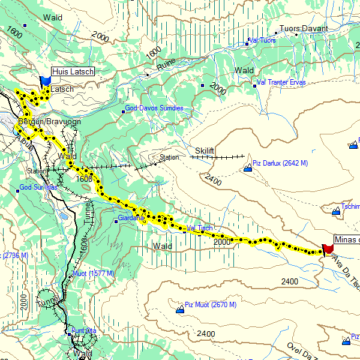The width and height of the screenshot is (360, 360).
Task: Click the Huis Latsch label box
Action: pyautogui.click(x=73, y=72)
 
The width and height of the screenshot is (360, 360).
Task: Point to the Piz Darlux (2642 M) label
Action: pyautogui.click(x=280, y=163)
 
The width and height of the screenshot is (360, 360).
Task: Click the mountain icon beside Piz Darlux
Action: pyautogui.click(x=248, y=169)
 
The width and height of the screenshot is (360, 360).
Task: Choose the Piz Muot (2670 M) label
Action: pyautogui.click(x=211, y=305)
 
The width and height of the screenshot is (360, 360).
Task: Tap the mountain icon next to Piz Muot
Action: pyautogui.click(x=179, y=310)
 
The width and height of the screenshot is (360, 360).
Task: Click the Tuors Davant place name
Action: pyautogui.click(x=305, y=28)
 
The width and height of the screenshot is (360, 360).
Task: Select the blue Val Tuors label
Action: pyautogui.click(x=262, y=41)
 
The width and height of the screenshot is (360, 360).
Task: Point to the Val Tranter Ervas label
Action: pyautogui.click(x=281, y=82)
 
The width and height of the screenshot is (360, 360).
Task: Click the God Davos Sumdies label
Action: pyautogui.click(x=154, y=108)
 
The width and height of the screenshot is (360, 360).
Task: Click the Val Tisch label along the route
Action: pyautogui.click(x=199, y=228)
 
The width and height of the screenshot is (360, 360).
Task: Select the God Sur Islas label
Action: pyautogui.click(x=38, y=187)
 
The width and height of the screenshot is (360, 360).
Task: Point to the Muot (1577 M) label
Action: pyautogui.click(x=93, y=274)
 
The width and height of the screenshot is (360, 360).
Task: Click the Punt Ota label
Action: pyautogui.click(x=84, y=331)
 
